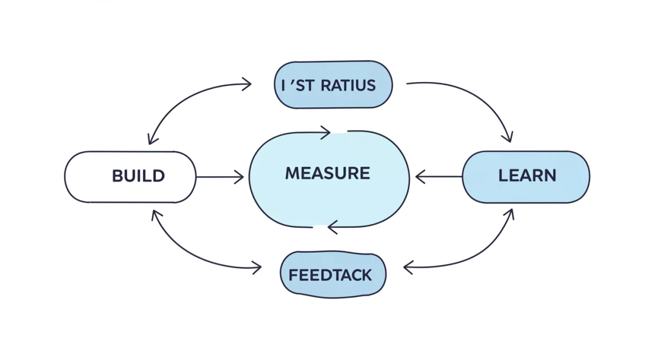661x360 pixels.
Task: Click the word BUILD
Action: pos(138,176)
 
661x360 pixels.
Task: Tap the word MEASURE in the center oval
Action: pos(327,173)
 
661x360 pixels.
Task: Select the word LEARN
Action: pos(527,176)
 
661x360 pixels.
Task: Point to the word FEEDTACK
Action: pos(330,275)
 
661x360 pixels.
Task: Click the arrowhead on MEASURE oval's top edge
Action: pos(325,132)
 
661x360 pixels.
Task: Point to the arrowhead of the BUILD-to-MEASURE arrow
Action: pos(239,177)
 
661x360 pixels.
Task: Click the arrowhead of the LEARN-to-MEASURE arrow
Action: pos(420,177)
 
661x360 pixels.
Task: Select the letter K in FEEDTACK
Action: pos(366,275)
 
